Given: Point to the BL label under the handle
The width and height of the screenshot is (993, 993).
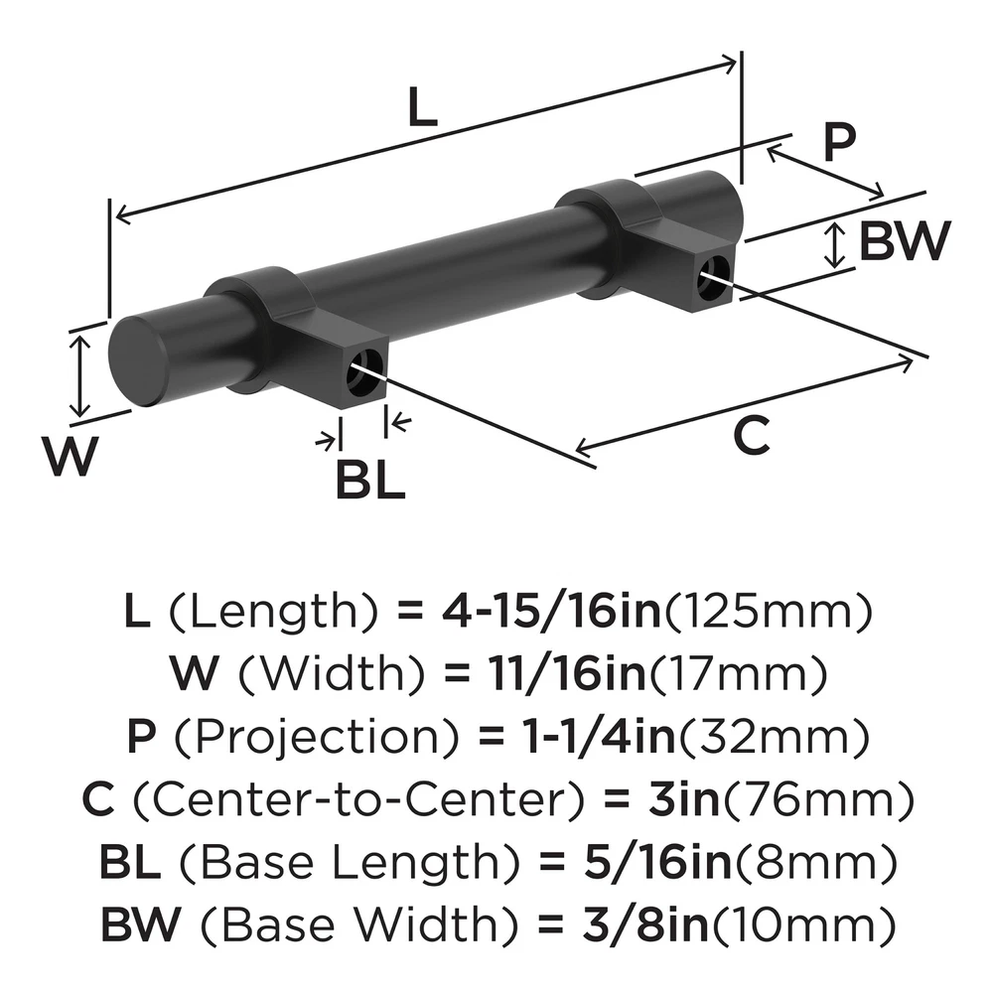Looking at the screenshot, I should pos(369,483).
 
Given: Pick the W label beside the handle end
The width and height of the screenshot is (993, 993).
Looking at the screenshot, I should pos(71,459).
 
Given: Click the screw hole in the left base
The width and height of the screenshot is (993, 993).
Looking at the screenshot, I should pos(368,365).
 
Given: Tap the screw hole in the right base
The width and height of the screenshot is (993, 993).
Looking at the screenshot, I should pos(713,276).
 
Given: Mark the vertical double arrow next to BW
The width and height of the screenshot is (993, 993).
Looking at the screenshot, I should pos(837,243).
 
